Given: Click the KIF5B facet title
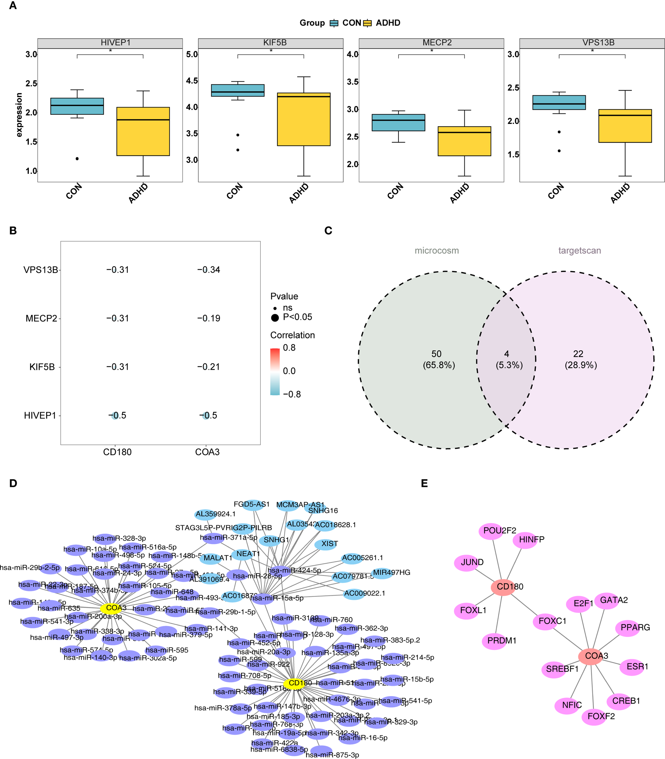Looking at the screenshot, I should [x=275, y=43].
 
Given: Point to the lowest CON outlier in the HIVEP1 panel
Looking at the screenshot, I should [x=77, y=158].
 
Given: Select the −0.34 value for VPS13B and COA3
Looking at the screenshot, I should [x=209, y=270].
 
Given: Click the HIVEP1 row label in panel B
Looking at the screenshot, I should [x=40, y=415].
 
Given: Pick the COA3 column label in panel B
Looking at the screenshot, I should [x=207, y=452].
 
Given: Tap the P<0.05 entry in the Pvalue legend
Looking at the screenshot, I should [x=297, y=317].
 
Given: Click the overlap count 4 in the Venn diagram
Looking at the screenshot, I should [x=507, y=354].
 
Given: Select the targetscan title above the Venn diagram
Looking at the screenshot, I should [x=579, y=250].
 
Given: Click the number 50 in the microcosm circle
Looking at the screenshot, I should [x=436, y=354].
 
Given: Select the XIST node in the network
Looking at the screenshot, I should [x=326, y=544].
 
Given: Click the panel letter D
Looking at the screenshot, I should [x=13, y=483].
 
